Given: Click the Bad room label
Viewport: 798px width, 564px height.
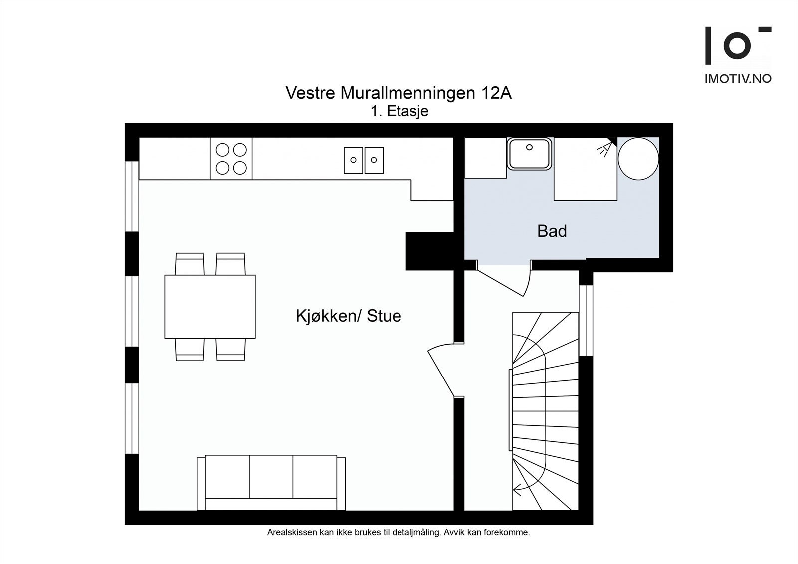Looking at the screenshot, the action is coord(552,231).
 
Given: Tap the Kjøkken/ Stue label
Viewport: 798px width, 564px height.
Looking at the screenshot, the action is coord(349,316).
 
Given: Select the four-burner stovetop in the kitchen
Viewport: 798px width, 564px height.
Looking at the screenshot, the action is coord(231,158).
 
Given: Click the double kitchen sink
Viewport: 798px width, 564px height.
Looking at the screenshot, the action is coord(364,160).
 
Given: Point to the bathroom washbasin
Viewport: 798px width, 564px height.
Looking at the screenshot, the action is coord(529,153).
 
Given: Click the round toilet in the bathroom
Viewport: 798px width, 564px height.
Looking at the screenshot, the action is coord(638,159).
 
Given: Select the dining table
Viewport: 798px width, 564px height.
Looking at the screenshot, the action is coord(210,306).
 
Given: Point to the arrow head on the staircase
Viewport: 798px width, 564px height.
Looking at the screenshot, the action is coord(516,490).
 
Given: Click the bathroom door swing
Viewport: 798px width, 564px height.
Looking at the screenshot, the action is coord(504,278).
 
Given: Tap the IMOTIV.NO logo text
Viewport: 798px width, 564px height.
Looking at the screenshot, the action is coord(738,79).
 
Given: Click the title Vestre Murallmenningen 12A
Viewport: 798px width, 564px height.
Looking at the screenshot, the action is coord(399,93).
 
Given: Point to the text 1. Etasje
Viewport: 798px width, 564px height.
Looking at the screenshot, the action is coord(399,111).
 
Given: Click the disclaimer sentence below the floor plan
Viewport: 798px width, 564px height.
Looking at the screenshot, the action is coord(399,532).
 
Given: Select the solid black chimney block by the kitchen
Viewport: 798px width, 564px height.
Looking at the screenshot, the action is coord(429,251).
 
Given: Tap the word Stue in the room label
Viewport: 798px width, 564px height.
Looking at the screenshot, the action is coord(384,316).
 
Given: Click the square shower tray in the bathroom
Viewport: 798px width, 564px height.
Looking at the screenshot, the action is coord(586,169).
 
